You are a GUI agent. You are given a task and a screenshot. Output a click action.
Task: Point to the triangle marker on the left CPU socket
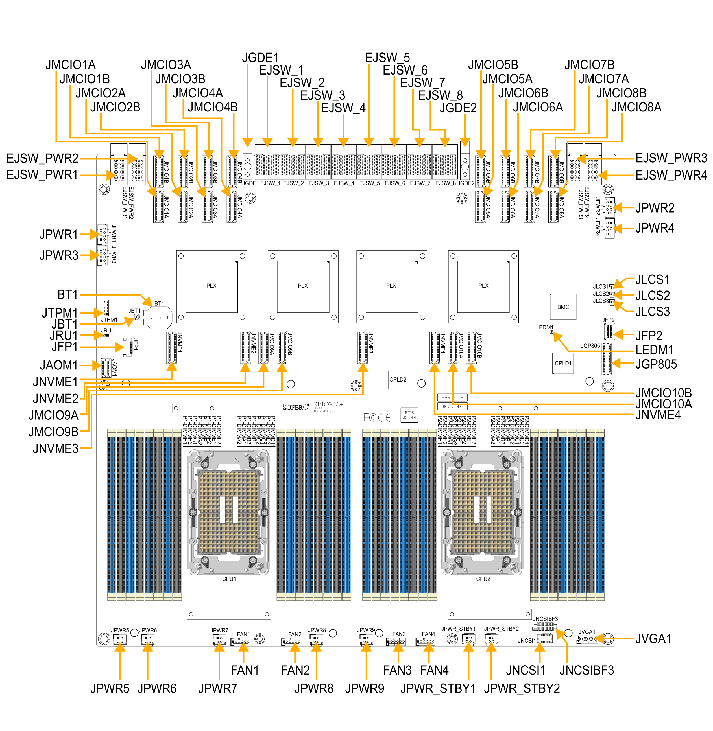pyautogui.click(x=237, y=460)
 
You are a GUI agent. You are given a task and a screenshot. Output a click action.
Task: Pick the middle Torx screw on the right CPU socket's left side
pyautogui.click(x=447, y=512)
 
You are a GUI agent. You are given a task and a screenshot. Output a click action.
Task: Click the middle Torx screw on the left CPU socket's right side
pyautogui.click(x=264, y=512)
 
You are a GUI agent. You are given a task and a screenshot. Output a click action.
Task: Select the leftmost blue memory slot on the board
pyautogui.click(x=112, y=515)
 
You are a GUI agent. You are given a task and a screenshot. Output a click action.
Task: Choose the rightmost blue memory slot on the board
pyautogui.click(x=600, y=515)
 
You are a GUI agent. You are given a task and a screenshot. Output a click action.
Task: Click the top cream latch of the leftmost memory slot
pyautogui.click(x=112, y=433)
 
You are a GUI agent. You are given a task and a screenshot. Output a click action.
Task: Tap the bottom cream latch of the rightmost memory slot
pyautogui.click(x=600, y=597)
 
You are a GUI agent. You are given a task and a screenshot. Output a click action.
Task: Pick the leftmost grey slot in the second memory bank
pyautogui.click(x=281, y=515)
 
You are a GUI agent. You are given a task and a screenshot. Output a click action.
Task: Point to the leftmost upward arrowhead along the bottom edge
pyautogui.click(x=120, y=647)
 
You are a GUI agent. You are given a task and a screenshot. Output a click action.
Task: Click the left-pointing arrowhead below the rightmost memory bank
pyautogui.click(x=599, y=638)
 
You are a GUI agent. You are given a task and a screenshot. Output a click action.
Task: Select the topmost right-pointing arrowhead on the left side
pyautogui.click(x=133, y=159)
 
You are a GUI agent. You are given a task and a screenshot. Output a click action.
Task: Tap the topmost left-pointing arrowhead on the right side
pyautogui.click(x=581, y=159)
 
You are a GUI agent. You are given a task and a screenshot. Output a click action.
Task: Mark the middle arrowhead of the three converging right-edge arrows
pyautogui.click(x=618, y=295)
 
